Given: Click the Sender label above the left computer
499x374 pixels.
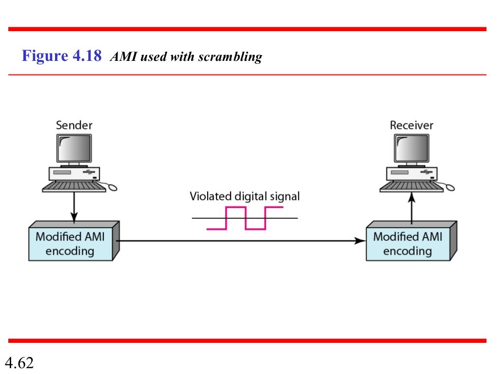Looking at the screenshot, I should click(74, 125).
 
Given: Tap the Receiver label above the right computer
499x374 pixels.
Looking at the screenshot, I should click(412, 125).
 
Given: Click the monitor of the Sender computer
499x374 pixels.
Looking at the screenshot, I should click(74, 148).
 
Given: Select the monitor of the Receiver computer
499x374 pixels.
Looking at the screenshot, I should click(412, 148).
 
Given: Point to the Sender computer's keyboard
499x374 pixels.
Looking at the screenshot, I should click(74, 186).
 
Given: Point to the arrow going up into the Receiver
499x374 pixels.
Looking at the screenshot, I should click(411, 207).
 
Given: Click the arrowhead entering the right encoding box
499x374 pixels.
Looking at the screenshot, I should click(361, 241).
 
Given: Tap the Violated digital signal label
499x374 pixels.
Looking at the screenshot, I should click(245, 196).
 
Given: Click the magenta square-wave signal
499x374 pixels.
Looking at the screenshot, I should click(245, 218).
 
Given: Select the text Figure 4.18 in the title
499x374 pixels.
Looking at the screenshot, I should click(61, 56).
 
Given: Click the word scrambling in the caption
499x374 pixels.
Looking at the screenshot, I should click(230, 57).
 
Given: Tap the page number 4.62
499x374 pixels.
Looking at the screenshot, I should click(19, 363).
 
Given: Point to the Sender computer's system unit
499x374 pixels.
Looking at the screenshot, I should click(74, 173).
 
